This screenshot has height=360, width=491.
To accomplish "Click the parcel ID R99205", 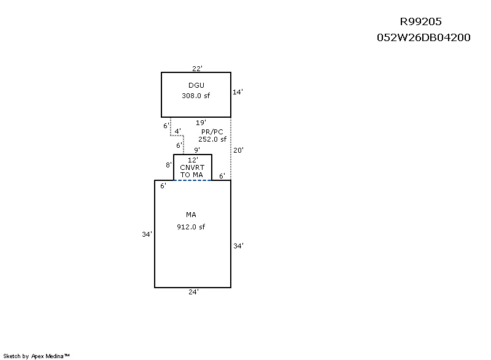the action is click(420, 21).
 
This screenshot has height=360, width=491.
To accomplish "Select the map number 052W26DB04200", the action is click(423, 37).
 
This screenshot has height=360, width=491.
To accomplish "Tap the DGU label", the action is click(196, 85).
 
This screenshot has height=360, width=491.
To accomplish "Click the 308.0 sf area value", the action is click(196, 96).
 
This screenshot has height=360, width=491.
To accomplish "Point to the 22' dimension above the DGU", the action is click(197, 69).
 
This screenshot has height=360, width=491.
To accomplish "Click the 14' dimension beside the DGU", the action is click(238, 92).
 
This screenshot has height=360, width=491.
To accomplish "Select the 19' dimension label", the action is click(201, 123).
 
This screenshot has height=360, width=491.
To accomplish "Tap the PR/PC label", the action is click(212, 132).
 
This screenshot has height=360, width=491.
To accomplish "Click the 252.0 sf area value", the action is click(212, 139).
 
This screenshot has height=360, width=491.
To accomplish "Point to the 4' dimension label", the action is click(177, 131).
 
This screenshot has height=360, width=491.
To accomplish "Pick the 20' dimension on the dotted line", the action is click(238, 150).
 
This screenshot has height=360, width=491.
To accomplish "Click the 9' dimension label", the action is click(197, 150).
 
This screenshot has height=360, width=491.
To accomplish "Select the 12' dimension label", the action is click(193, 160).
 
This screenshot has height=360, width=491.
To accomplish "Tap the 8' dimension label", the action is click(169, 165).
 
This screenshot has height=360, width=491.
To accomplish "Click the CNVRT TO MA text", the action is click(192, 171).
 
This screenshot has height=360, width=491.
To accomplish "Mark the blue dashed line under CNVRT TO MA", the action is click(193, 180).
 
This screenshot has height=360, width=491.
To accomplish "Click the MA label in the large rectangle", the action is click(191, 215).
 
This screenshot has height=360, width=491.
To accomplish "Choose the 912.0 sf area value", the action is click(191, 227).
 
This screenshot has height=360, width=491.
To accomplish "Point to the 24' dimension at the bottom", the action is click(193, 292).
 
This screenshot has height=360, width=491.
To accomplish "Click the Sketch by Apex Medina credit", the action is click(36, 356).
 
